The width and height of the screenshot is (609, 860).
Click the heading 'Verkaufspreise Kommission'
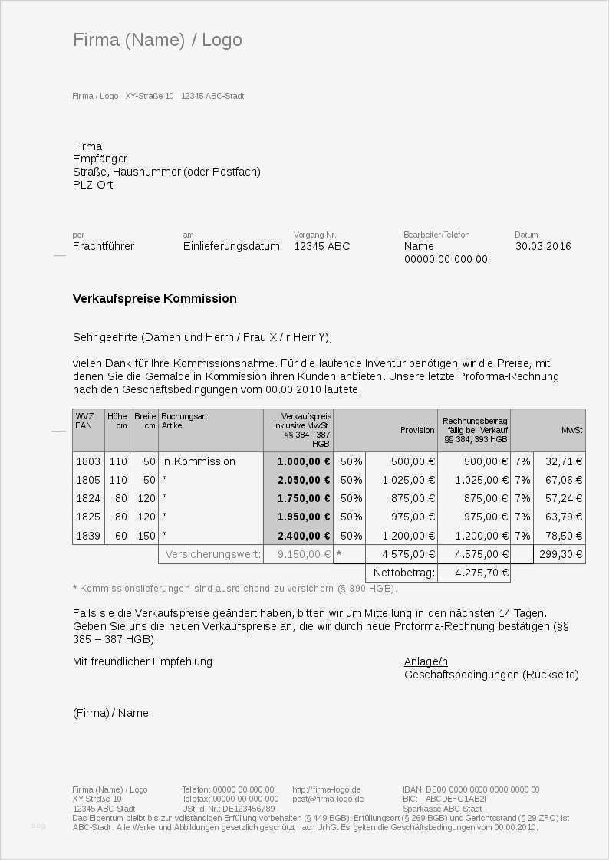click(x=154, y=298)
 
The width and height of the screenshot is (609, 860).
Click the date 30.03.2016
click(x=543, y=246)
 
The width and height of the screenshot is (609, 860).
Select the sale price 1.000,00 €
click(x=304, y=461)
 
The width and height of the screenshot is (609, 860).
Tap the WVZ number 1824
click(x=88, y=499)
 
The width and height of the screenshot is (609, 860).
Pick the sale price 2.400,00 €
click(x=304, y=536)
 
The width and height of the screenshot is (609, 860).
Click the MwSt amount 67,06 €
click(x=563, y=480)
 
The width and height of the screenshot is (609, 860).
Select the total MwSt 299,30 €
click(x=561, y=554)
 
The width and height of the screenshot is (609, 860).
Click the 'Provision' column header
click(x=417, y=430)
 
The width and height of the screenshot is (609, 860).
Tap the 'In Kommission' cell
click(x=199, y=461)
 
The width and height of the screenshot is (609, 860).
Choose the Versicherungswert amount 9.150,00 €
click(x=304, y=554)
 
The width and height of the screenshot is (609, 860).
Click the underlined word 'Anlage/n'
click(x=426, y=661)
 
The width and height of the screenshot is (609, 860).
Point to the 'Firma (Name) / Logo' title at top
click(x=157, y=40)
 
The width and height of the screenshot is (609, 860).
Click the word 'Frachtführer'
click(x=104, y=246)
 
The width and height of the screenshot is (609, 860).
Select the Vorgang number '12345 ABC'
click(x=321, y=246)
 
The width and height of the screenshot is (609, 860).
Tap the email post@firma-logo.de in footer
click(x=328, y=799)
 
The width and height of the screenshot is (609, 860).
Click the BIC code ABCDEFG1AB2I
click(x=456, y=799)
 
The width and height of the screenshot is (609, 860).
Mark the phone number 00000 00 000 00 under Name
click(x=446, y=259)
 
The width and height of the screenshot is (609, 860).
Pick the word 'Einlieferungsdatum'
click(x=231, y=246)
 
